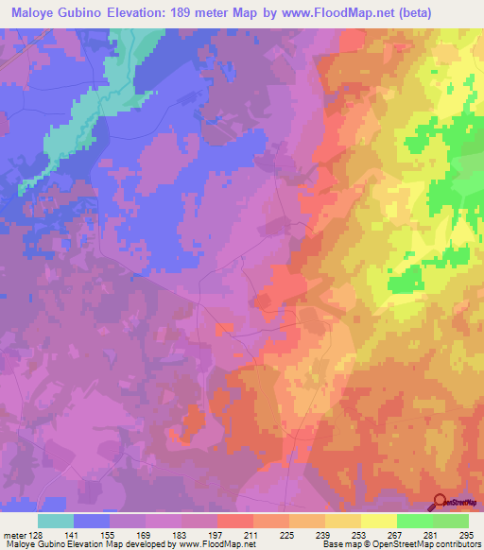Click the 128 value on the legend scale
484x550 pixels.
click(x=38, y=534)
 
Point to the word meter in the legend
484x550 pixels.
click(x=13, y=534)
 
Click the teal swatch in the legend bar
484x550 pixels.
click(x=56, y=521)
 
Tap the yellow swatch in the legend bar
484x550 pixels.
click(x=378, y=521)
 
